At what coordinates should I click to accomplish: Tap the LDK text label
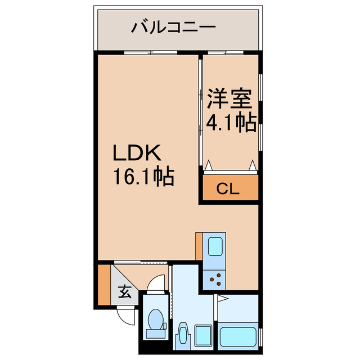138,153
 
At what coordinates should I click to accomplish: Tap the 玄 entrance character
125,292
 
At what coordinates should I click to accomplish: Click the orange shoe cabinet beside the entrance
103,284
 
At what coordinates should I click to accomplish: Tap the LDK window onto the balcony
149,53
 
